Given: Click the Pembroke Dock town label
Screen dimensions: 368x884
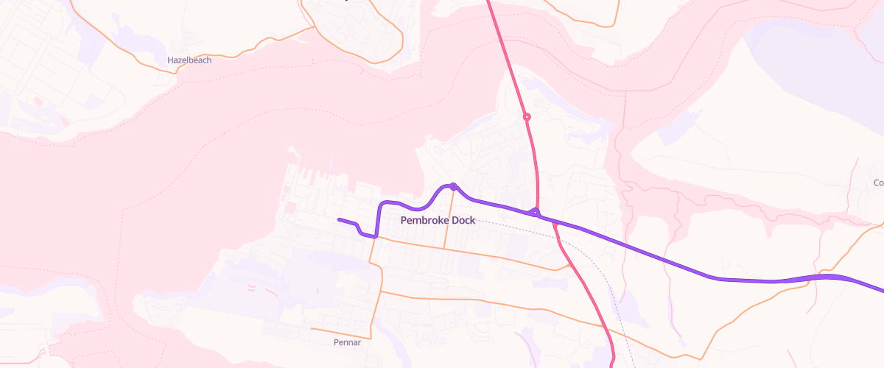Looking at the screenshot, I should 438,220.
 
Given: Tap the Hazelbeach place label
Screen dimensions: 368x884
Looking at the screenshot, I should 189,60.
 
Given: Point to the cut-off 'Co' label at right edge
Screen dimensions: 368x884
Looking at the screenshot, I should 878,183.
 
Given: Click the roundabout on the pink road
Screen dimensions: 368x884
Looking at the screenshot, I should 527,116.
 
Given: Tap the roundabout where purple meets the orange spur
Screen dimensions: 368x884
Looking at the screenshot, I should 453,186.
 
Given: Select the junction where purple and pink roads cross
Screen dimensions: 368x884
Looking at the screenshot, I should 536,213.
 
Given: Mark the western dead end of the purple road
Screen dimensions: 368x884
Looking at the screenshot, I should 338,219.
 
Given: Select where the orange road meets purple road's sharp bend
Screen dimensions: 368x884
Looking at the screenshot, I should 376,237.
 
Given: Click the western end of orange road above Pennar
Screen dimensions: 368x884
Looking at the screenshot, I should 312,328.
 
